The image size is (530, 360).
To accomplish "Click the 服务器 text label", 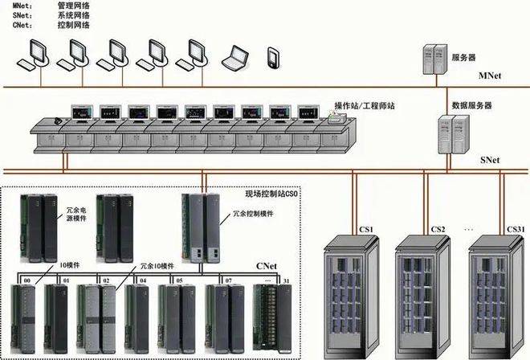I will click(463, 57).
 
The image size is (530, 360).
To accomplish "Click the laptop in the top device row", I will click(234, 58).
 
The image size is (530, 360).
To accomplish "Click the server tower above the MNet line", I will click(434, 57).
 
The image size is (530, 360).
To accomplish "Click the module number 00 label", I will click(28, 280).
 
